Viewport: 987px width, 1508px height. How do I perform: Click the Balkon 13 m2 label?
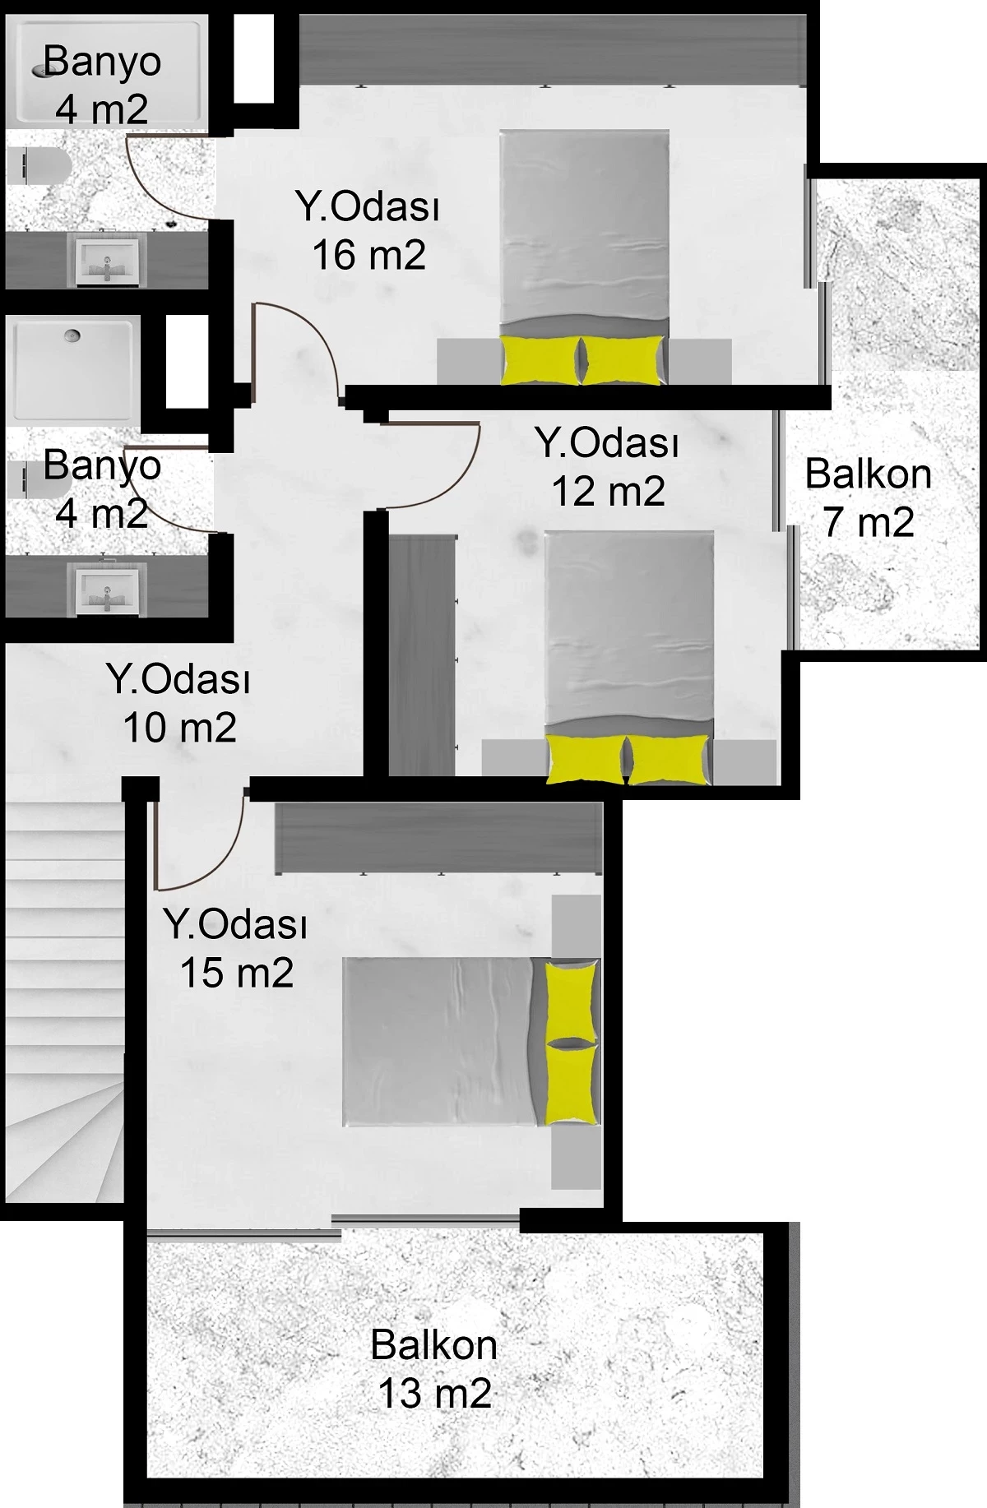434,1369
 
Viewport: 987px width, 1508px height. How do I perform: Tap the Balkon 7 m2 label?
869,497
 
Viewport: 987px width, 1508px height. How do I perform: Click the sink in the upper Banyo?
107,261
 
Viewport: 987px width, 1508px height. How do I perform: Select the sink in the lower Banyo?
107,590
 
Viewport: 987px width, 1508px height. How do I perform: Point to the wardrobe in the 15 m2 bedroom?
438,839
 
